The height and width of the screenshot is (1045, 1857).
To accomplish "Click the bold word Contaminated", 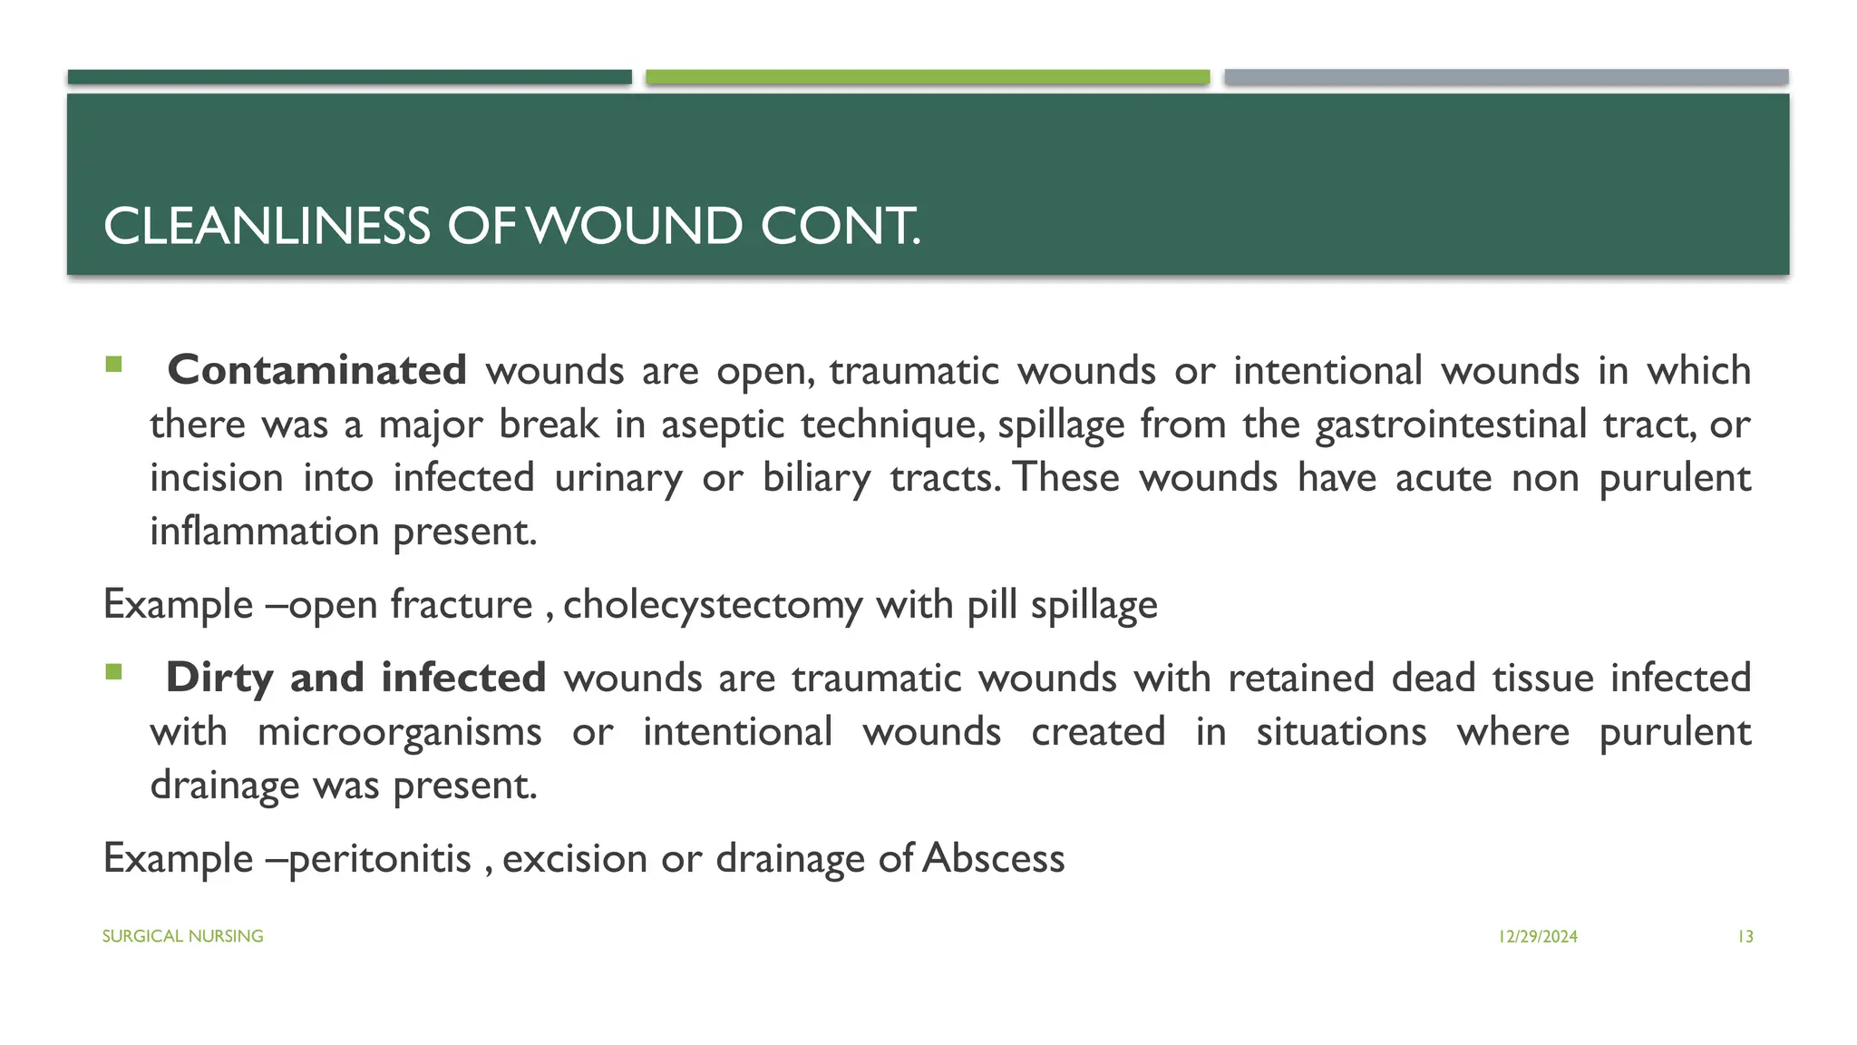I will pyautogui.click(x=316, y=371).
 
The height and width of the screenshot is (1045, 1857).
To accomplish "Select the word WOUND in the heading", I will pyautogui.click(x=635, y=227).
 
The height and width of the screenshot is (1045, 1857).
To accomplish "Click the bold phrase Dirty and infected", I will pyautogui.click(x=355, y=679).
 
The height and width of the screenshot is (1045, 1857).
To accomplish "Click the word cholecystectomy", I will pyautogui.click(x=713, y=605).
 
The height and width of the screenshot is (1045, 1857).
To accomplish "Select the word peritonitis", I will pyautogui.click(x=380, y=859).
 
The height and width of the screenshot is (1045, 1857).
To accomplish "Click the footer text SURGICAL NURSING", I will pyautogui.click(x=182, y=936).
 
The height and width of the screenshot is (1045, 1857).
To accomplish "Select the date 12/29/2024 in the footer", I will pyautogui.click(x=1538, y=937).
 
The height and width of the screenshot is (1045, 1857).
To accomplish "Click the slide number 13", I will pyautogui.click(x=1745, y=937).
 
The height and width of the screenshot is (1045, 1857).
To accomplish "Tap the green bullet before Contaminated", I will pyautogui.click(x=113, y=365).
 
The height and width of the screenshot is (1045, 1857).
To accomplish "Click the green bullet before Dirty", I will pyautogui.click(x=113, y=672).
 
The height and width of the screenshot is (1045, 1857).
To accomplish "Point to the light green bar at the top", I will pyautogui.click(x=927, y=77).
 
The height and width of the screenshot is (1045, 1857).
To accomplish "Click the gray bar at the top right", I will pyautogui.click(x=1505, y=77).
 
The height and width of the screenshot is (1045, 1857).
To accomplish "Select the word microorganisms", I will pyautogui.click(x=399, y=732).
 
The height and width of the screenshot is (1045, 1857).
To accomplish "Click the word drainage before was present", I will pyautogui.click(x=224, y=786).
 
